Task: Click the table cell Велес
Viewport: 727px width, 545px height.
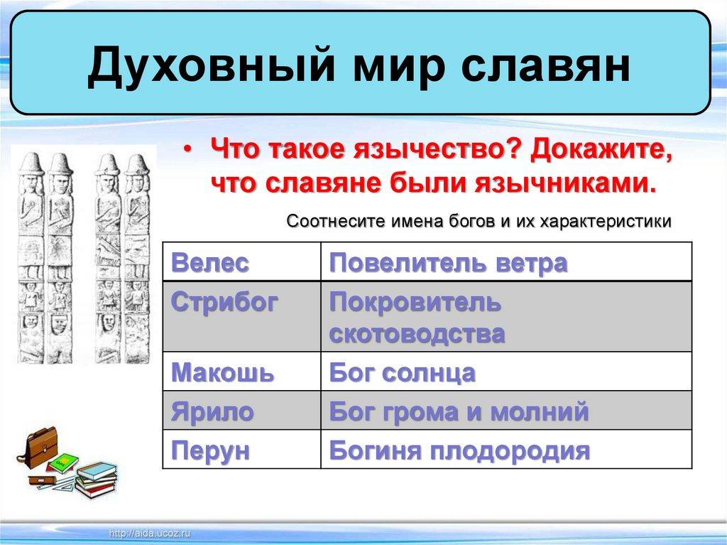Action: point(241,261)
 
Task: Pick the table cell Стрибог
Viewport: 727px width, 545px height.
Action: point(241,316)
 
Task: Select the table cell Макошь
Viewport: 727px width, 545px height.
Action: point(241,372)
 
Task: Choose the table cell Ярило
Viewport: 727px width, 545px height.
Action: point(241,411)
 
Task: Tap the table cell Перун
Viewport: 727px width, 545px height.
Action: point(241,449)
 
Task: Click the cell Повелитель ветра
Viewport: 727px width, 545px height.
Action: point(506,261)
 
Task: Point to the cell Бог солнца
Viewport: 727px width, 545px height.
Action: point(506,372)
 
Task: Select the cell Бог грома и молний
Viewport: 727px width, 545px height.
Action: point(506,411)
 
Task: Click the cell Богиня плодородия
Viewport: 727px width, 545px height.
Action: point(506,449)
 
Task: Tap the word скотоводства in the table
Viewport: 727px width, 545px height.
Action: point(417,333)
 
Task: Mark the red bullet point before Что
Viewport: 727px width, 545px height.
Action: point(187,149)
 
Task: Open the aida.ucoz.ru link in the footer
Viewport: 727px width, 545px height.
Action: point(149,534)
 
